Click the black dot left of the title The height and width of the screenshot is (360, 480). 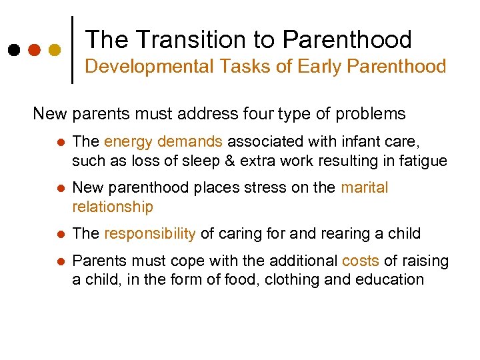pos(14,50)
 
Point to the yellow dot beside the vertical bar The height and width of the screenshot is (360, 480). pos(55,50)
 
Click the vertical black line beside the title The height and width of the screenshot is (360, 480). pos(72,49)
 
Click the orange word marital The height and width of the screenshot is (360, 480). pos(364,188)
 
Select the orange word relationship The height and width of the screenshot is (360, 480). pos(113,207)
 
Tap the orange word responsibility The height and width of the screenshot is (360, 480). pos(150,234)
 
